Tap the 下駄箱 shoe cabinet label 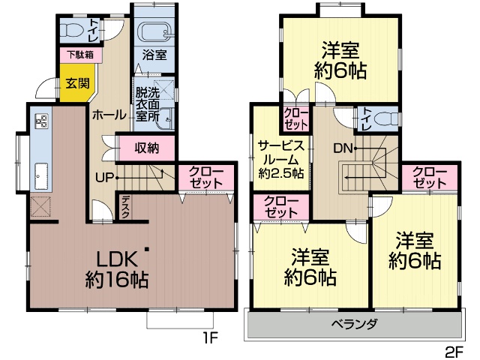pos(80,55)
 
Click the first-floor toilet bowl pos(73,30)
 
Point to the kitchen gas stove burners pos(42,120)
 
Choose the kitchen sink pos(41,176)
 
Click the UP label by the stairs pos(104,178)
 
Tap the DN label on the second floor pos(343,148)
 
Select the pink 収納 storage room pos(147,148)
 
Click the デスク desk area pos(125,207)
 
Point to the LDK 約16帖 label pos(117,269)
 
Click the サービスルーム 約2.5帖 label pos(281,160)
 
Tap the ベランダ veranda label pos(355,323)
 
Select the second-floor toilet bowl pos(385,118)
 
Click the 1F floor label pos(210,338)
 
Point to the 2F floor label pos(455,352)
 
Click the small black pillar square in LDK pos(147,249)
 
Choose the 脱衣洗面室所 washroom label pos(148,104)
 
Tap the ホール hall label pos(109,115)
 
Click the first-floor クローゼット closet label pos(206,178)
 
